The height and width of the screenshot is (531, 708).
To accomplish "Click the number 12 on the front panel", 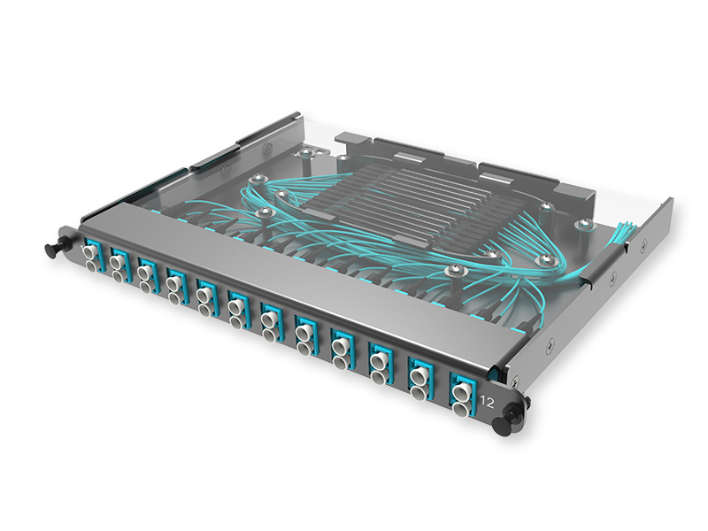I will click(x=486, y=400).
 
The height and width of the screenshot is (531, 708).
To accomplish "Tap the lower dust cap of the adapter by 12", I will click(x=461, y=408).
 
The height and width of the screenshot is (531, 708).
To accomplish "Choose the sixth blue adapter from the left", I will click(x=235, y=306).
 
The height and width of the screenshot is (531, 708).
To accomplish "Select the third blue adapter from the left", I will click(x=147, y=273).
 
